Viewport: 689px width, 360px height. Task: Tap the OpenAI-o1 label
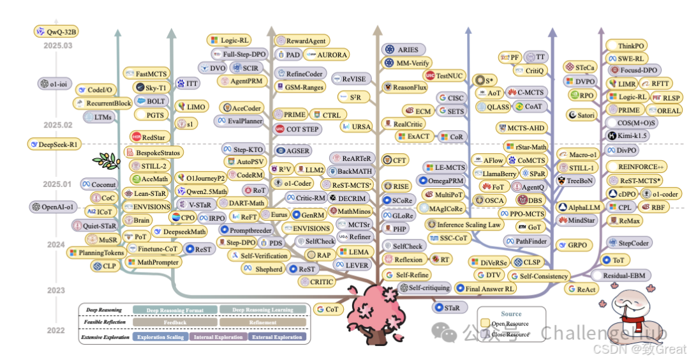tap(53, 207)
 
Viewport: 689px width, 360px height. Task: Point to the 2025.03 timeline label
tap(58, 46)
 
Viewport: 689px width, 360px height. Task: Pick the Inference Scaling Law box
tap(464, 225)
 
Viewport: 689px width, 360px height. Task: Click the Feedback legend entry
tap(175, 322)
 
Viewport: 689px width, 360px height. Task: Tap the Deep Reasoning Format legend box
tap(175, 310)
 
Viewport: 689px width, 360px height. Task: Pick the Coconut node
tap(99, 184)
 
